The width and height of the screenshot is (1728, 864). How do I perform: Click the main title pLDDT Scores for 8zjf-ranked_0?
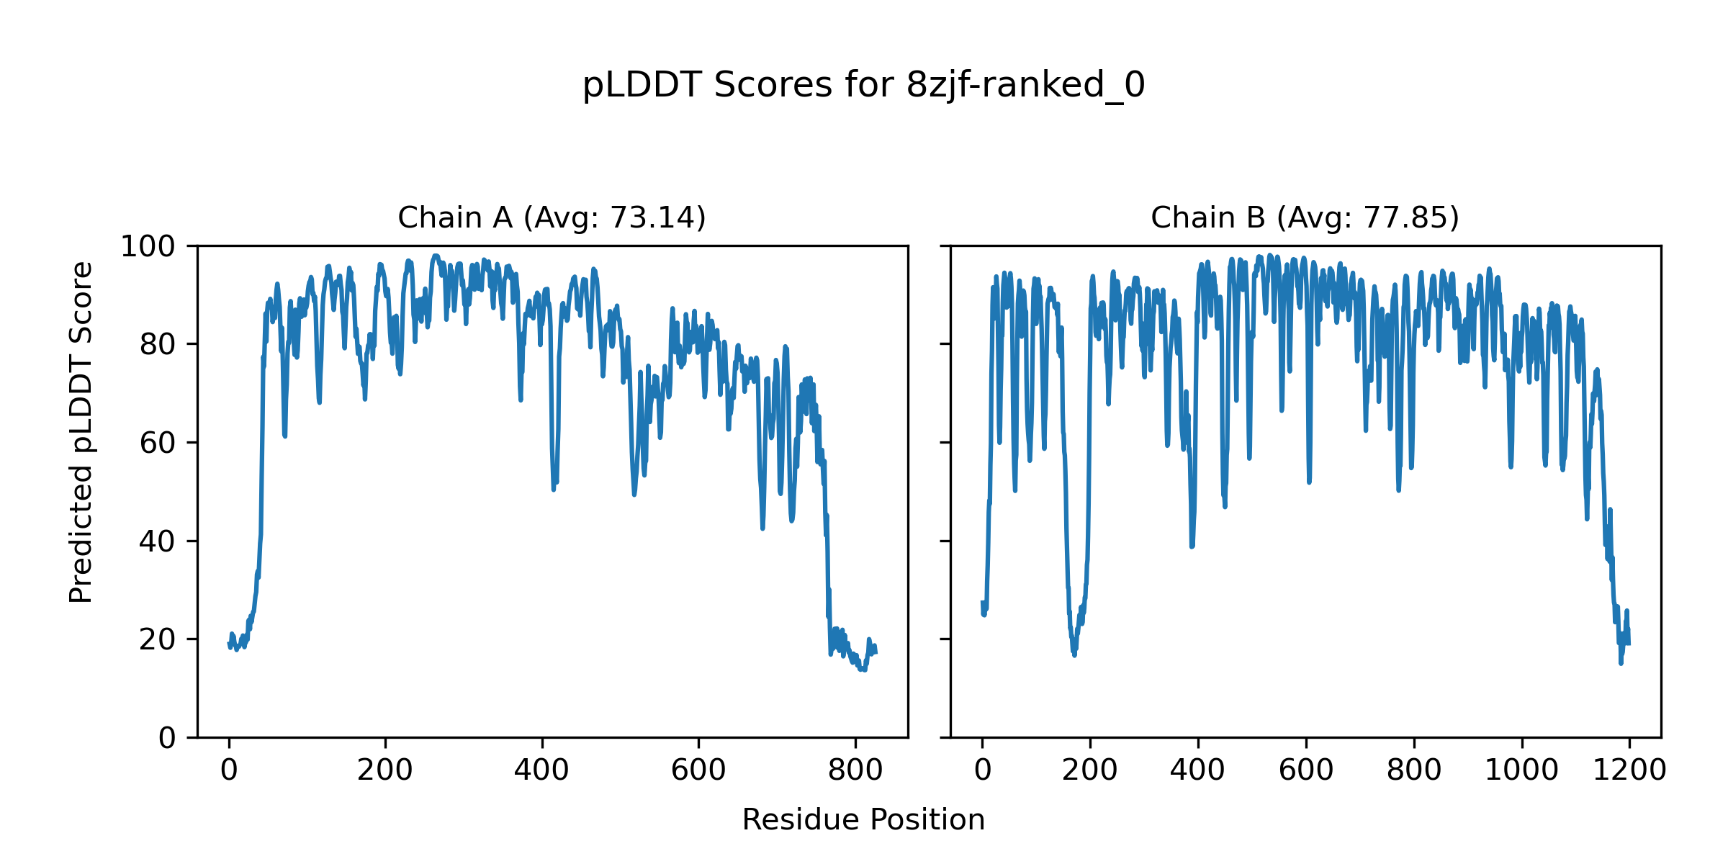coord(863,86)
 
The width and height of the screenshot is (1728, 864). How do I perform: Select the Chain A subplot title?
coord(552,217)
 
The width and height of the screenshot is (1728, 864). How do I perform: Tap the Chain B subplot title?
coord(1305,217)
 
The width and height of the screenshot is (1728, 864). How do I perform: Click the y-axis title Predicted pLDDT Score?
coord(81,432)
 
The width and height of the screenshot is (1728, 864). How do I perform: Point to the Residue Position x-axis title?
coord(863,820)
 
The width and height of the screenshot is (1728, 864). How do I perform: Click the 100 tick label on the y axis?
coord(148,247)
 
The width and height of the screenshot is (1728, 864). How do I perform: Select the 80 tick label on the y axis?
coord(158,345)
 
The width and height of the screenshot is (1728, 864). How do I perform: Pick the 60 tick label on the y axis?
coord(158,444)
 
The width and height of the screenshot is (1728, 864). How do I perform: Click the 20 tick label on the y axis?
coord(158,640)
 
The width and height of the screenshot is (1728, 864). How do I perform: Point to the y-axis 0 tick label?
coord(167,738)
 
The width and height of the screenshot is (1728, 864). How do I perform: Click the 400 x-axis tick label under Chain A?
coord(541,770)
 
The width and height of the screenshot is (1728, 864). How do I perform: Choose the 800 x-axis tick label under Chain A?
coord(855,770)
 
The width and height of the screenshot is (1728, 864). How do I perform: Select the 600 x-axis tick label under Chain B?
coord(1306,770)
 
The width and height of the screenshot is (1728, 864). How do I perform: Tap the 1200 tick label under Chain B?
coord(1629,770)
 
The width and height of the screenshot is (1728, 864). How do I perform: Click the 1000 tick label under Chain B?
coord(1521,770)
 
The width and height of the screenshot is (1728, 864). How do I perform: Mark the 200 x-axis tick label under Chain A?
coord(385,770)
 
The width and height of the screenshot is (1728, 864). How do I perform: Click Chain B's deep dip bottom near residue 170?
coord(1074,654)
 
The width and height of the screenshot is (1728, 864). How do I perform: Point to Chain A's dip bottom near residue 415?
coord(553,489)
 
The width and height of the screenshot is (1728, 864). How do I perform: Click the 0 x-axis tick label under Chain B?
coord(982,770)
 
